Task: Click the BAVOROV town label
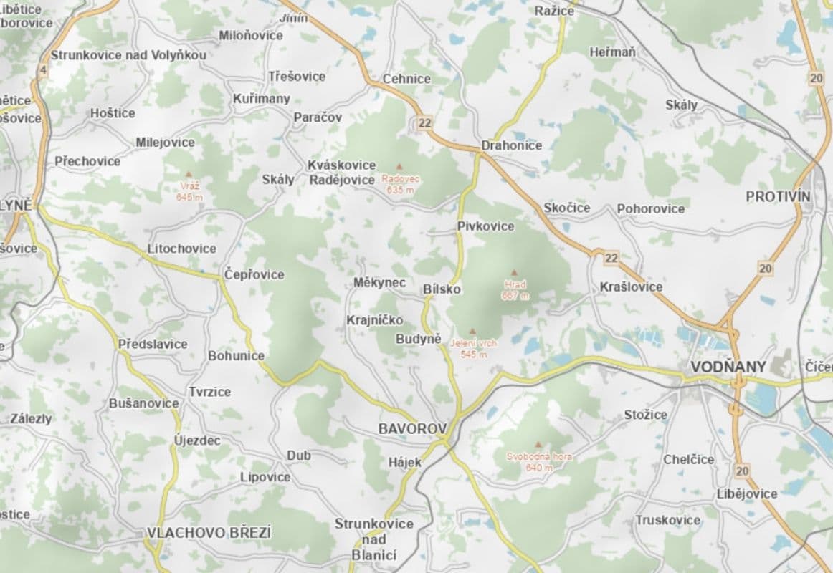[x=412, y=429]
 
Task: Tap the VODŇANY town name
[x=728, y=367]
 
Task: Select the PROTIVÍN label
[x=778, y=196]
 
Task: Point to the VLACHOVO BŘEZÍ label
[x=209, y=533]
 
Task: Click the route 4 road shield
[x=43, y=69]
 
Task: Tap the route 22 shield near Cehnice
[x=425, y=123]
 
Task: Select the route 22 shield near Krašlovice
[x=611, y=257]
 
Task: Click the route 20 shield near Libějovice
[x=741, y=471]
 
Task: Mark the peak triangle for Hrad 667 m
[x=514, y=273]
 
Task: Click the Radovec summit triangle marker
[x=399, y=167]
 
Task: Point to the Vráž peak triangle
[x=189, y=174]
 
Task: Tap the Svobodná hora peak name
[x=539, y=456]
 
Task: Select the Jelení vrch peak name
[x=473, y=343]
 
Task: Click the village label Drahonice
[x=512, y=145]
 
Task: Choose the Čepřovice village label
[x=254, y=274]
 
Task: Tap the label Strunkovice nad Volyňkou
[x=128, y=55]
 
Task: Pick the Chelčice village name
[x=688, y=459]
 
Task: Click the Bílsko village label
[x=442, y=289]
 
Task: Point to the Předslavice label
[x=153, y=344]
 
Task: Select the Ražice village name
[x=554, y=11]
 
